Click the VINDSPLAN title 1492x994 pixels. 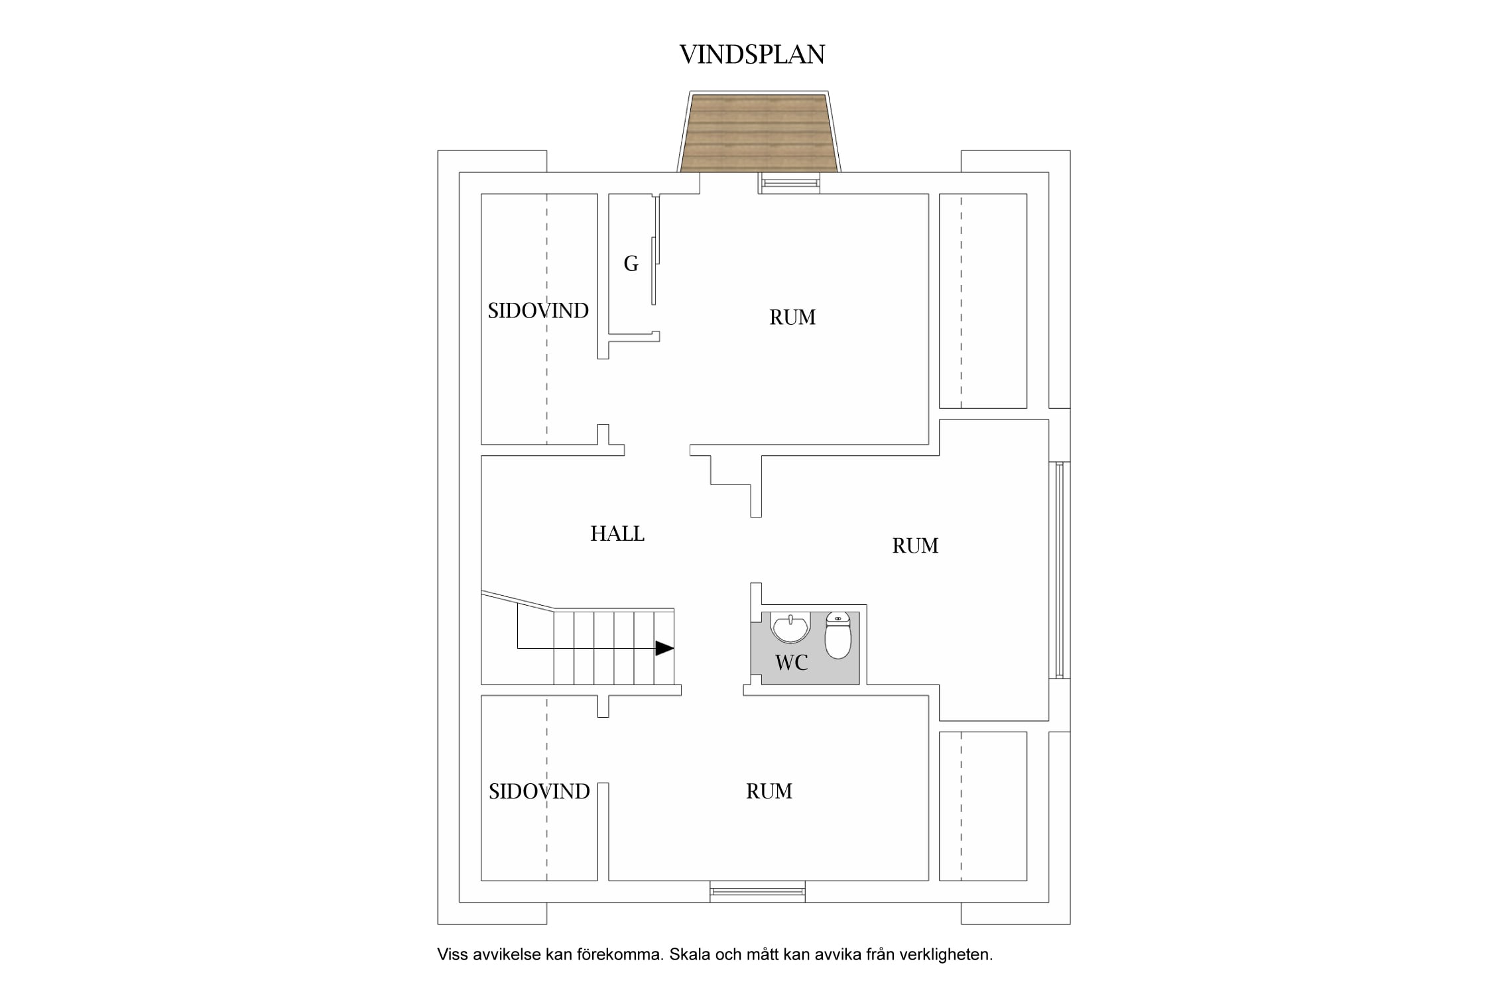(752, 54)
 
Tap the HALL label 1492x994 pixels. (617, 533)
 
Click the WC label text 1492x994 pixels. (791, 662)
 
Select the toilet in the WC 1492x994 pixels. (838, 635)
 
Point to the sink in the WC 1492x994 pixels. (790, 628)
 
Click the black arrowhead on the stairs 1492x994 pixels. (664, 648)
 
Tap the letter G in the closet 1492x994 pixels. (631, 264)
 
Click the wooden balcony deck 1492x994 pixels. (759, 133)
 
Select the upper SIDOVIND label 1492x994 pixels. (538, 311)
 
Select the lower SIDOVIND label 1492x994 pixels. (539, 791)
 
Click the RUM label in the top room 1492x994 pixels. (792, 317)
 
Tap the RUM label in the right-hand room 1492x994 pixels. (915, 545)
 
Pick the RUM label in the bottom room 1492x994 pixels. (769, 791)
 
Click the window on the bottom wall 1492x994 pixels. (757, 891)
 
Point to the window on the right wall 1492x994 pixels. (1059, 570)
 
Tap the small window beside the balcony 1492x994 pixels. (789, 183)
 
